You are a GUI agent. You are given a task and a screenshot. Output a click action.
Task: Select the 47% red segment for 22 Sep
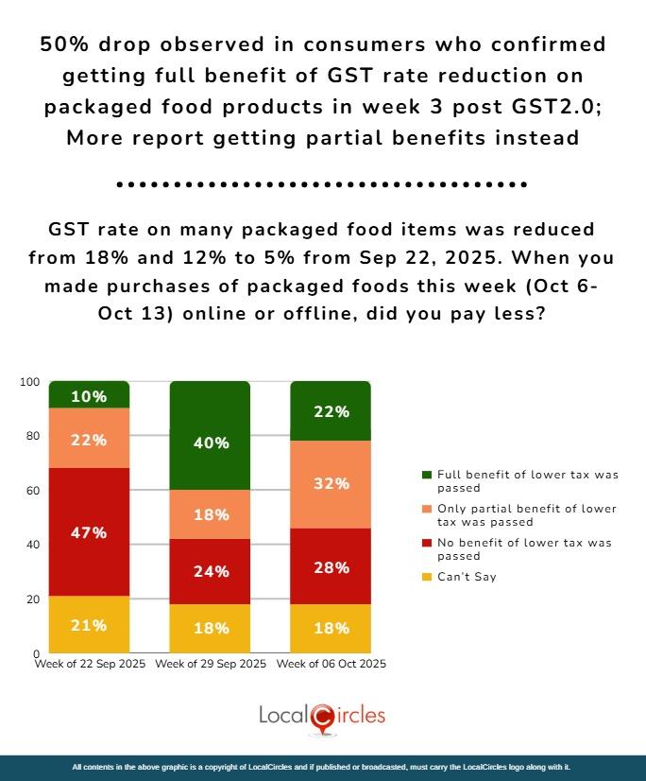pyautogui.click(x=89, y=533)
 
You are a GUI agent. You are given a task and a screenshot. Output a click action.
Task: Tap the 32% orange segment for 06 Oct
pyautogui.click(x=331, y=484)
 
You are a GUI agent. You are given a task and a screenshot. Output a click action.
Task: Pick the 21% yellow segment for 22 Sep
pyautogui.click(x=89, y=625)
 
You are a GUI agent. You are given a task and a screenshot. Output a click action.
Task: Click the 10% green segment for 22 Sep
pyautogui.click(x=89, y=395)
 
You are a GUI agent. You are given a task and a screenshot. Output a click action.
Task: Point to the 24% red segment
pyautogui.click(x=210, y=571)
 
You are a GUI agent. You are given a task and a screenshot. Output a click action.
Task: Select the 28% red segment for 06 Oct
pyautogui.click(x=331, y=567)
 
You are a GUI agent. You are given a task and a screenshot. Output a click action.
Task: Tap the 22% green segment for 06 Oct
pyautogui.click(x=331, y=412)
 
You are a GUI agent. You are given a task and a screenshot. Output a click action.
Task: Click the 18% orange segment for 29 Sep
pyautogui.click(x=210, y=515)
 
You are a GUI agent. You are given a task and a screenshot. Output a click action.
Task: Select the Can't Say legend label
pyautogui.click(x=466, y=577)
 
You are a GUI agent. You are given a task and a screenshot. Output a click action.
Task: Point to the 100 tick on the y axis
pyautogui.click(x=30, y=382)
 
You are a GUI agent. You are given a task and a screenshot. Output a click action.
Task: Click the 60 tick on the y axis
pyautogui.click(x=33, y=491)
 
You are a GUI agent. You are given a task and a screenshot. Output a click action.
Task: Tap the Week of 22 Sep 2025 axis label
pyautogui.click(x=90, y=665)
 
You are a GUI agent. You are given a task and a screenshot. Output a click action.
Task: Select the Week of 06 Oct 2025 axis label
pyautogui.click(x=331, y=665)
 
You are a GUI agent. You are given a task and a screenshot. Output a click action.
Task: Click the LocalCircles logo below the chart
pyautogui.click(x=322, y=717)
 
